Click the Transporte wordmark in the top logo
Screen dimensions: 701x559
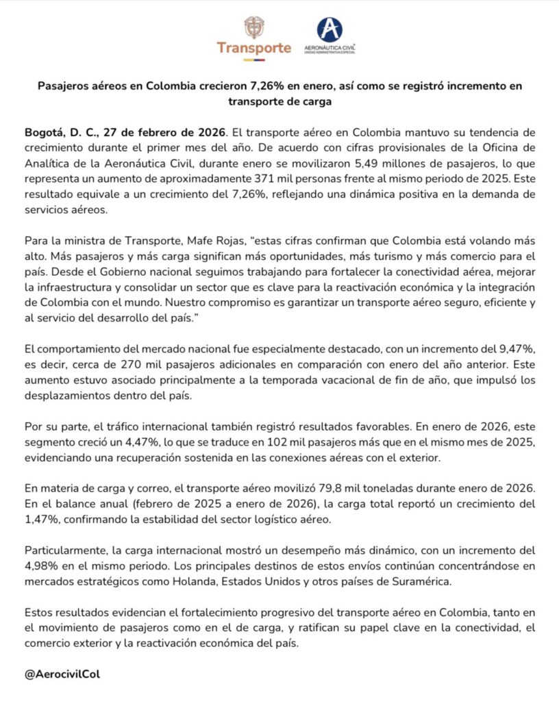[254, 48]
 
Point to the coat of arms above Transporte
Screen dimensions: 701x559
[254, 27]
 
